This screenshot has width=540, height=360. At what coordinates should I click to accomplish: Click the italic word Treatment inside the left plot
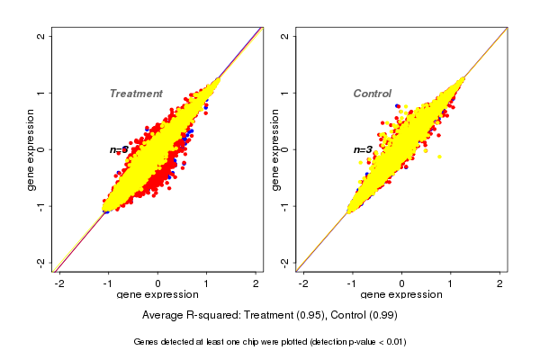click(x=136, y=94)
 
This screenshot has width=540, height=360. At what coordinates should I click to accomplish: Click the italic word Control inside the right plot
click(x=372, y=94)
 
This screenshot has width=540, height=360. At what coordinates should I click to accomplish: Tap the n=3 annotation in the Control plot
click(x=363, y=150)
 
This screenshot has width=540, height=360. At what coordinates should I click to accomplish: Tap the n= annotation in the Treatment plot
click(x=118, y=150)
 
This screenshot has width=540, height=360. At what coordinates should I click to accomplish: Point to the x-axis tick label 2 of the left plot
click(x=256, y=283)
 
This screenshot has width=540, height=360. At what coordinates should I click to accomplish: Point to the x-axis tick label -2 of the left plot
click(x=60, y=283)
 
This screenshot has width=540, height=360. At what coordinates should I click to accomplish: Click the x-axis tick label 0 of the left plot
click(x=158, y=283)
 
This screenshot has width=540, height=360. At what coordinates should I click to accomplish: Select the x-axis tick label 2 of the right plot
click(x=500, y=283)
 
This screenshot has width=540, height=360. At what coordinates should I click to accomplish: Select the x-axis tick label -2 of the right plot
click(x=303, y=283)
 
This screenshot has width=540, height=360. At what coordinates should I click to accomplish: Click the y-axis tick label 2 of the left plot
click(x=40, y=36)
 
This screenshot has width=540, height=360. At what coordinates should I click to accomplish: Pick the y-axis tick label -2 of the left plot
click(x=40, y=262)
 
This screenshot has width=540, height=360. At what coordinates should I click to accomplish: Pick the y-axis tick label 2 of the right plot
click(x=284, y=36)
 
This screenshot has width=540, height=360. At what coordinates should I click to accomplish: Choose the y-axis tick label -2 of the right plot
click(x=284, y=262)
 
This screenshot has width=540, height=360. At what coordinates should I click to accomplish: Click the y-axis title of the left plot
click(x=31, y=149)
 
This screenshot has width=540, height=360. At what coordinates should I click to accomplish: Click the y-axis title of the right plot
click(x=275, y=149)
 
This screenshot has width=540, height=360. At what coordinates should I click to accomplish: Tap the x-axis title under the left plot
click(x=158, y=295)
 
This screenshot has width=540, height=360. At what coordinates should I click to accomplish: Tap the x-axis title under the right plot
click(x=402, y=295)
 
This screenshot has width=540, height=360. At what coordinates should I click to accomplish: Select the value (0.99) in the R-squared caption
click(x=382, y=316)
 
